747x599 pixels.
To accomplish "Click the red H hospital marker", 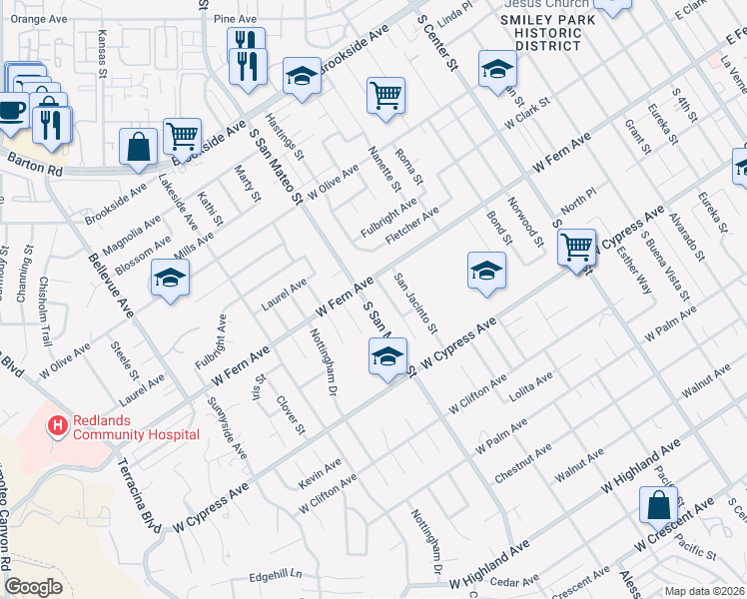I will pos(58,426).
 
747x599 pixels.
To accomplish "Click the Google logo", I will pos(33,587).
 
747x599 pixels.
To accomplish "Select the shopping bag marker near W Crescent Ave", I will pos(659,505).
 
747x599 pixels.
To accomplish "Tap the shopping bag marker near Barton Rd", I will pos(138,146).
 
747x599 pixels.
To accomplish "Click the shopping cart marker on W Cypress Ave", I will pos(576,247).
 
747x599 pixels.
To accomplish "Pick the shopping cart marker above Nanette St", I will pos(385,95).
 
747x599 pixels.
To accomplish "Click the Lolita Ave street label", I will pos(531,386).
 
